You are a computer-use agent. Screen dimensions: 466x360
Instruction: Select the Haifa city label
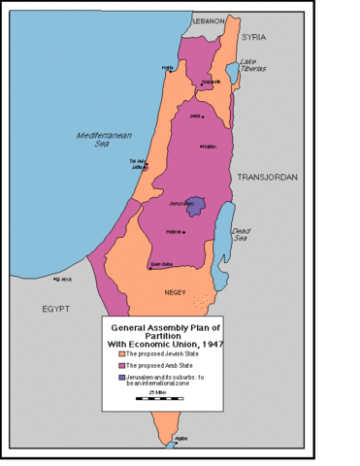tap(168, 67)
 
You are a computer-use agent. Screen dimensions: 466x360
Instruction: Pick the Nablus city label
tap(206, 147)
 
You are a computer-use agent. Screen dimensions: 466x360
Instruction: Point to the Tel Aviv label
tap(137, 161)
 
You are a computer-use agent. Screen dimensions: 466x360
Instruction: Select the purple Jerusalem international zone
tap(197, 206)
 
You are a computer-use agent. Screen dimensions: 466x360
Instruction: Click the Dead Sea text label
tap(241, 233)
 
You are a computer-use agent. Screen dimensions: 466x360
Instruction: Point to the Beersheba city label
tap(161, 263)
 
